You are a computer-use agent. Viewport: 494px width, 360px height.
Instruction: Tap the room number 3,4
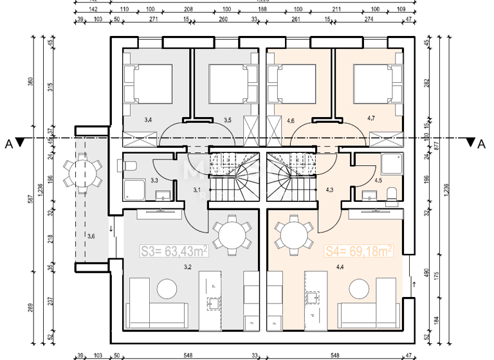(148, 120)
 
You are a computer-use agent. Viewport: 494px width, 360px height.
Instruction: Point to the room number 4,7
(371, 118)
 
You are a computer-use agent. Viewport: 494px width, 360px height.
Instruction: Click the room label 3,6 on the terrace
(91, 237)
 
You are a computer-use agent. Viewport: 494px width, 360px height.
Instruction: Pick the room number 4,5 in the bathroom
(379, 181)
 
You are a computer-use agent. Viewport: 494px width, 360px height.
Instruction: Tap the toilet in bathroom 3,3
(129, 167)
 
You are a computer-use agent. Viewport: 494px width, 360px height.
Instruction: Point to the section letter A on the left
(8, 144)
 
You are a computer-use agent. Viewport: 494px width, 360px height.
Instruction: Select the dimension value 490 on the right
(426, 273)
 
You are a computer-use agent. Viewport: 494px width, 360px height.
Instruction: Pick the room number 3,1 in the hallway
(197, 189)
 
